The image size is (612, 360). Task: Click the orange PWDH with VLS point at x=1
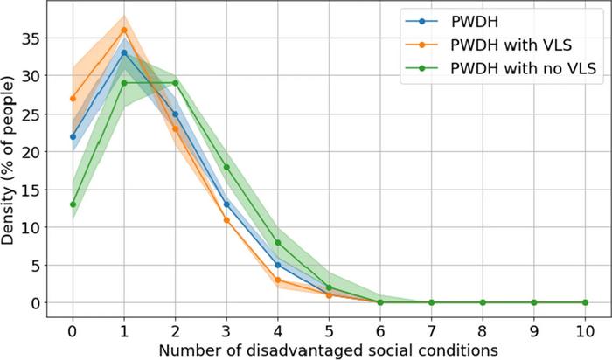pyautogui.click(x=124, y=30)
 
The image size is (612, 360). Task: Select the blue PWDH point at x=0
pyautogui.click(x=73, y=136)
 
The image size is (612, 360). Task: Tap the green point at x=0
pyautogui.click(x=73, y=204)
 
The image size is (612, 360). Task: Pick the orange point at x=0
pyautogui.click(x=73, y=98)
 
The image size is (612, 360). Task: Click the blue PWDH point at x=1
pyautogui.click(x=124, y=52)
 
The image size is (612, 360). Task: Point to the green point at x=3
pyautogui.click(x=226, y=167)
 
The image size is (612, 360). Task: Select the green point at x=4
pyautogui.click(x=278, y=242)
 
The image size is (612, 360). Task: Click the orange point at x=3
pyautogui.click(x=226, y=219)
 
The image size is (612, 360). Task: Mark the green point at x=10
pyautogui.click(x=585, y=302)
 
